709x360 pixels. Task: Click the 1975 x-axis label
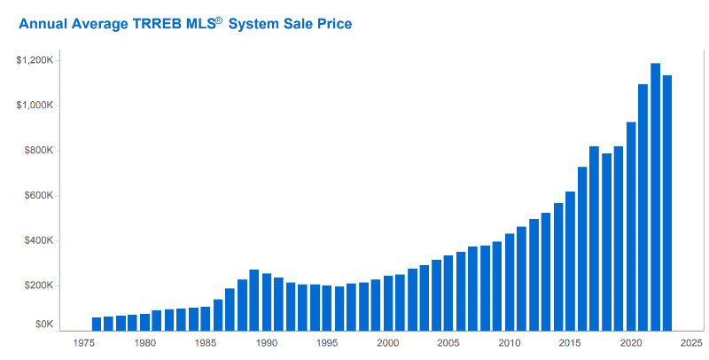click(x=84, y=342)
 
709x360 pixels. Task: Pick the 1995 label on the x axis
click(x=327, y=342)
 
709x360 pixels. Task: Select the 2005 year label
click(x=448, y=342)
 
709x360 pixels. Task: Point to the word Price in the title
click(x=333, y=24)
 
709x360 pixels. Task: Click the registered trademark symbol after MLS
click(x=219, y=19)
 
